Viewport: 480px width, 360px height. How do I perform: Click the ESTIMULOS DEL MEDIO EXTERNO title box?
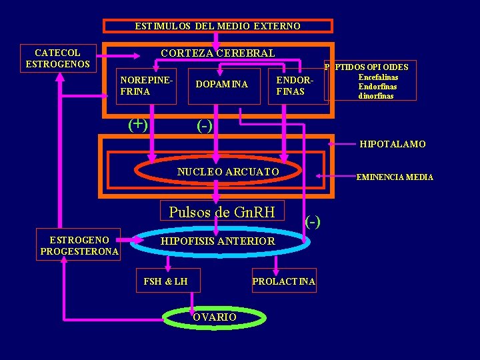[217, 26]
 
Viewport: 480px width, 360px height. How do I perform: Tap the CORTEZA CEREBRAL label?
[217, 53]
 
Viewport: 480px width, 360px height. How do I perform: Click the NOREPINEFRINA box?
[147, 85]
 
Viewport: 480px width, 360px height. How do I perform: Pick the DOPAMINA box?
[221, 85]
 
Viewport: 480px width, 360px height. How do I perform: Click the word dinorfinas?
[376, 96]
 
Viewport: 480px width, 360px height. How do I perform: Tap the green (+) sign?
[138, 123]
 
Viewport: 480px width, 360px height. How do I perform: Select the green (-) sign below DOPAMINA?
[204, 125]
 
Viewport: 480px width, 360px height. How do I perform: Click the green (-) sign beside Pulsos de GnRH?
[313, 221]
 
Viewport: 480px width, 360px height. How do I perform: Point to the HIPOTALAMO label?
[393, 144]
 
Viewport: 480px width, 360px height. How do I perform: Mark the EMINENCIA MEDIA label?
[395, 177]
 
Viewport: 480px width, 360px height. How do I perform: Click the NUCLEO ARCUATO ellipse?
[228, 172]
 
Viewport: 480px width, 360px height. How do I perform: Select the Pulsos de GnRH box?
[222, 212]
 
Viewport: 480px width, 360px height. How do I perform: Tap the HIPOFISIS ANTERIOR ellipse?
[218, 241]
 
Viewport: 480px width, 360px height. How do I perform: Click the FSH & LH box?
[165, 281]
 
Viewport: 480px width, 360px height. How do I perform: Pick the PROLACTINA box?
[283, 282]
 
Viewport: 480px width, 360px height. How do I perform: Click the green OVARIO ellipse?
[214, 317]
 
